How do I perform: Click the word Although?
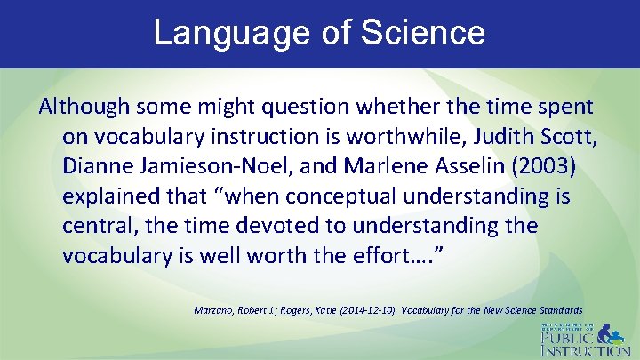(84, 107)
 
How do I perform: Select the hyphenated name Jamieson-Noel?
(206, 166)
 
